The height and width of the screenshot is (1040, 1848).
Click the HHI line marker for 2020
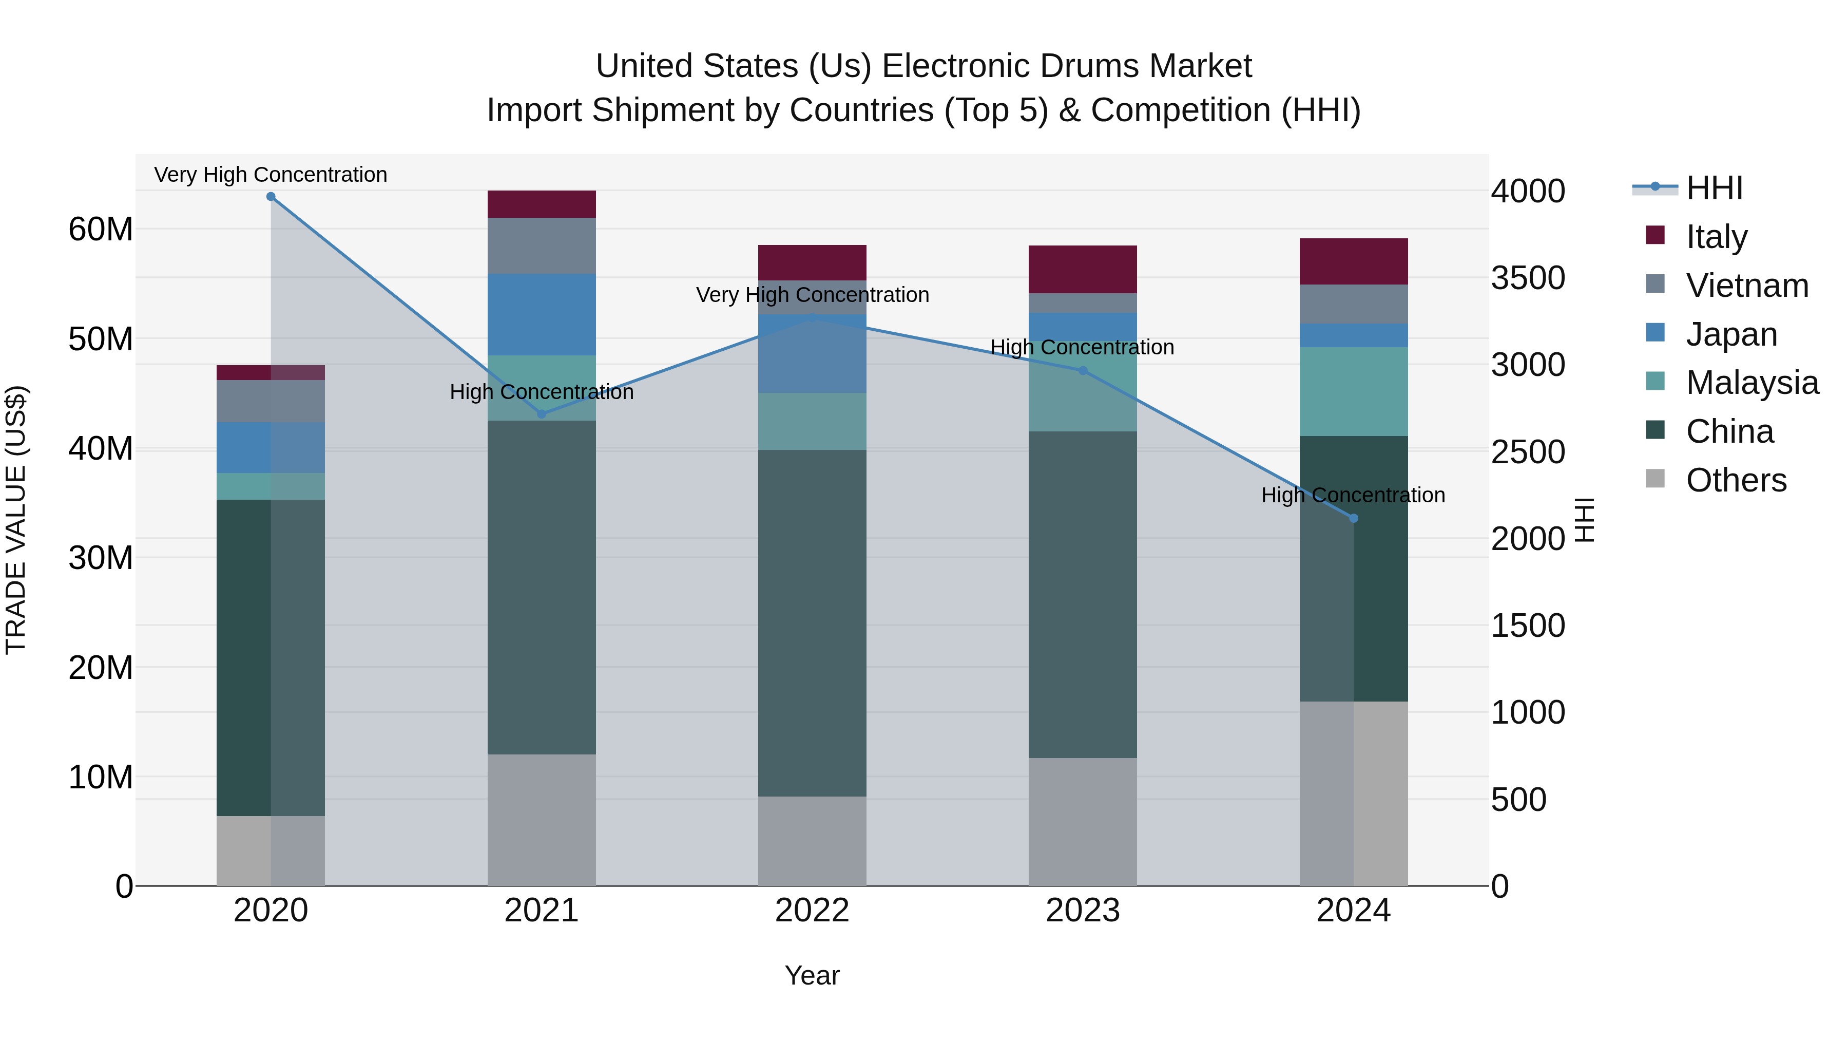pos(271,197)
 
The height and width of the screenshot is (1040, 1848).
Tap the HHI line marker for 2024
pos(1353,518)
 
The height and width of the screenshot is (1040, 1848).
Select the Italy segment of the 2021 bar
pos(542,204)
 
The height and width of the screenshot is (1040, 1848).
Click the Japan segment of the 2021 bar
pos(542,314)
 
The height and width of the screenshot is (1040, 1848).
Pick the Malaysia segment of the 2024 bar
pos(1353,391)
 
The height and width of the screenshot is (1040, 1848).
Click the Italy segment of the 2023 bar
pos(1083,269)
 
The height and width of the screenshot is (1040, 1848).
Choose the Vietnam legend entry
pos(1746,286)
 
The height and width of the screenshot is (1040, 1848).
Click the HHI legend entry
pos(1714,188)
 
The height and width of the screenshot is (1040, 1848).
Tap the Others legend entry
pos(1736,480)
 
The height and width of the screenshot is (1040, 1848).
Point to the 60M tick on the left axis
pos(101,230)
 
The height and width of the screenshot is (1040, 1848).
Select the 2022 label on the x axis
pos(812,910)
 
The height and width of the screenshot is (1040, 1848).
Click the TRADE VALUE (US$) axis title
pos(16,520)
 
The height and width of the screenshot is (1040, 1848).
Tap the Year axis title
pos(812,975)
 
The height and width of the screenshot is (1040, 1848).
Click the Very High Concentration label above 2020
pos(271,175)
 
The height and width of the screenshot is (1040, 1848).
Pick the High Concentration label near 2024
pos(1353,495)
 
